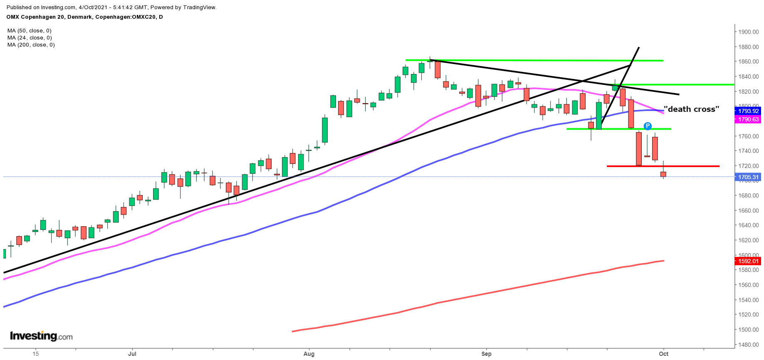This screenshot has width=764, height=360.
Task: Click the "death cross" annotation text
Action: tap(691, 109)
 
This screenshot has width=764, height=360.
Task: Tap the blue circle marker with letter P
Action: tap(648, 126)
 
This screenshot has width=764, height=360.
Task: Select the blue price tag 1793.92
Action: tap(748, 111)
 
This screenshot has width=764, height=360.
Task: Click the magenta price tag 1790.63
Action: tap(748, 119)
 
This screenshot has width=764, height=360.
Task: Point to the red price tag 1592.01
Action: tap(748, 261)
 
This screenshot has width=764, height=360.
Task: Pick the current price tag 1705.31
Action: tap(748, 177)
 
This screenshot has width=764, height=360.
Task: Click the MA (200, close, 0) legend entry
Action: tap(31, 45)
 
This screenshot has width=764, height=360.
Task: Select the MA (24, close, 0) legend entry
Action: tap(30, 38)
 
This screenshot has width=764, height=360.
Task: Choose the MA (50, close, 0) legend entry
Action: tap(30, 31)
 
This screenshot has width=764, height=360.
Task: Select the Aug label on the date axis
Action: tap(309, 354)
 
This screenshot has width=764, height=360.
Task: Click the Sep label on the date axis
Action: tap(486, 354)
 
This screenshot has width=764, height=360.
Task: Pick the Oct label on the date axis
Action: tap(663, 354)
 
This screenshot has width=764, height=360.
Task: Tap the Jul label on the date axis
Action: tap(132, 354)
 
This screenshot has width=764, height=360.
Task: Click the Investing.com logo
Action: tap(41, 336)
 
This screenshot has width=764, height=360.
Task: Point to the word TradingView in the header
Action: tap(198, 7)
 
